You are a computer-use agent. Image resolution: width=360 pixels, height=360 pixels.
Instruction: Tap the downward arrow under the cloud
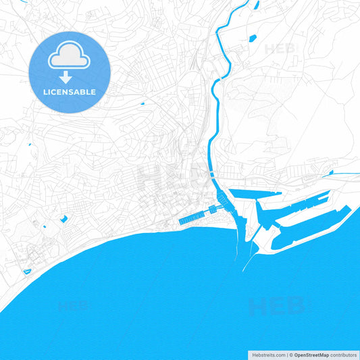point(69,77)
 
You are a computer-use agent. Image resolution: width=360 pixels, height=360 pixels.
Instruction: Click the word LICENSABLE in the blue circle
point(69,91)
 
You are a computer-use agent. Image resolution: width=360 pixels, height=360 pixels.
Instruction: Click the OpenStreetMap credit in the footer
point(310,355)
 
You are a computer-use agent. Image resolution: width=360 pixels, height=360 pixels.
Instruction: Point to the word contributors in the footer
point(344,355)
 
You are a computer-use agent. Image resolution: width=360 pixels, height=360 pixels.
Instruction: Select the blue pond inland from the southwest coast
point(63,218)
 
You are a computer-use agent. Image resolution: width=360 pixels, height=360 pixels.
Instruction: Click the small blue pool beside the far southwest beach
point(27,272)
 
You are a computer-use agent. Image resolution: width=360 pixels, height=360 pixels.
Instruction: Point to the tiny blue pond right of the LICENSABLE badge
point(143,103)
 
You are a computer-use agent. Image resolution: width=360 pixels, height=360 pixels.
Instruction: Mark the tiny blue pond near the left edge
point(30,144)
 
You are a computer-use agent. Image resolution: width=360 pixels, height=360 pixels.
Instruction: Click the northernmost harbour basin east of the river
point(257,195)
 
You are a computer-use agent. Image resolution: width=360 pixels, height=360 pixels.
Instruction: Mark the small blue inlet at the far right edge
point(353,174)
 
